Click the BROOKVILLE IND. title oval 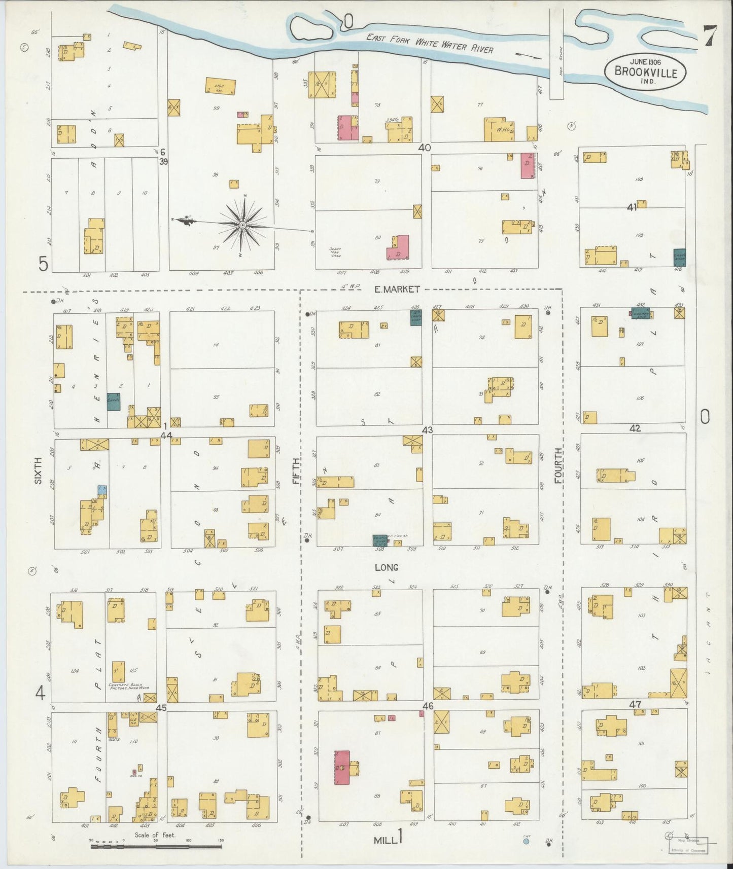(x=645, y=72)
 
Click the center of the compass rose (x=242, y=224)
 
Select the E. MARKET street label (x=397, y=289)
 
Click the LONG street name (x=386, y=567)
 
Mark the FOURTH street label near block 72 (x=558, y=465)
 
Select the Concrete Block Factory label (x=131, y=687)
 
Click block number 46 (x=428, y=706)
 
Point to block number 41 (x=632, y=207)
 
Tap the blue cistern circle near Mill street (x=526, y=841)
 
